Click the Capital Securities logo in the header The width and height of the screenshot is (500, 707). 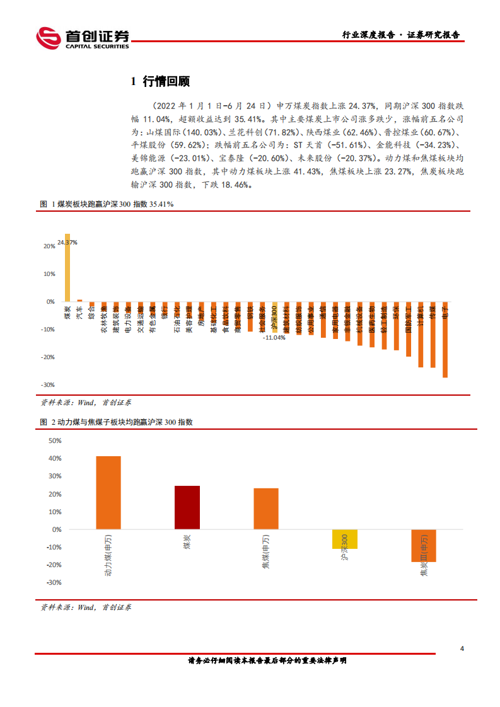click(x=82, y=38)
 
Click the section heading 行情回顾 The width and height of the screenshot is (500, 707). click(x=160, y=81)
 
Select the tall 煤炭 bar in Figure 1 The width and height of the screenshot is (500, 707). click(x=67, y=268)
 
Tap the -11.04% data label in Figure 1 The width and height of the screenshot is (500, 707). click(x=274, y=338)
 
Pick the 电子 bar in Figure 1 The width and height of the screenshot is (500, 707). click(x=445, y=340)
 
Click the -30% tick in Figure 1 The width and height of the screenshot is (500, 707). click(x=48, y=384)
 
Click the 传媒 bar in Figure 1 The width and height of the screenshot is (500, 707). click(x=433, y=335)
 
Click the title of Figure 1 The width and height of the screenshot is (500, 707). click(x=107, y=205)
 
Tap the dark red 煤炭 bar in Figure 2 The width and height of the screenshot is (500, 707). click(x=187, y=508)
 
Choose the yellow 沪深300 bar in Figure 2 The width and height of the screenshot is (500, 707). click(x=345, y=539)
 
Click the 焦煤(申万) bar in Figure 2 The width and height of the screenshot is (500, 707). click(x=266, y=509)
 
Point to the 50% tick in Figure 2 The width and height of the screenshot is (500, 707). click(x=54, y=441)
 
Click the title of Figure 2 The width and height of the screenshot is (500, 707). click(x=116, y=422)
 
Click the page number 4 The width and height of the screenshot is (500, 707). click(x=463, y=649)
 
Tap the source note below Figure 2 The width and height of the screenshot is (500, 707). click(x=86, y=607)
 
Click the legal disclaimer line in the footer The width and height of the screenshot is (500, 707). click(x=267, y=661)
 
